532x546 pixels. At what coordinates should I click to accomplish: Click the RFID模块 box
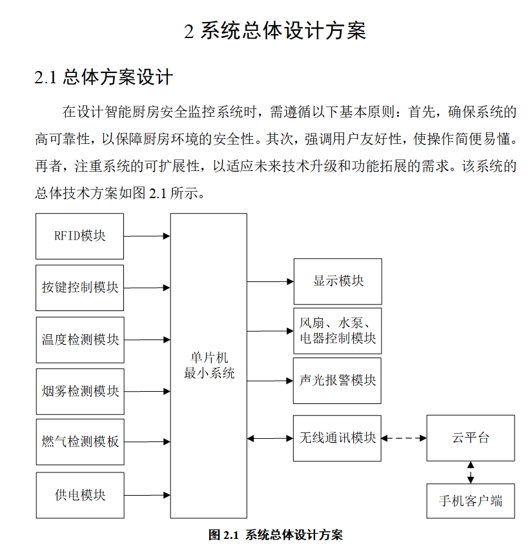coord(79,236)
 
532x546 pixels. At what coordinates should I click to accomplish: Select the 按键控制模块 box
coord(79,287)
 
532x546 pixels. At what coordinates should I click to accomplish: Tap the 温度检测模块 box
coord(79,339)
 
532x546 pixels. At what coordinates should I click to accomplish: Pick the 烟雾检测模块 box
coord(79,391)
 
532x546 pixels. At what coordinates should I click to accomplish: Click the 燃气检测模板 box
coord(79,442)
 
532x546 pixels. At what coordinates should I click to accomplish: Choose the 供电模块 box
coord(79,495)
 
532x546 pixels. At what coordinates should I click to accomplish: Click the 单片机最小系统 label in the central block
coord(209,366)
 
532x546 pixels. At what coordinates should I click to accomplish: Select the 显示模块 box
coord(338,281)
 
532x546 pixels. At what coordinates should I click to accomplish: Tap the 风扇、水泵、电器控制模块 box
coord(338,331)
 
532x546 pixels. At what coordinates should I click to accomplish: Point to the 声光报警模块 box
coord(338,381)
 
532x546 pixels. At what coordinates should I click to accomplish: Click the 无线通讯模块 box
coord(338,438)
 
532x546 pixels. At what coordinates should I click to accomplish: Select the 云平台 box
coord(471,438)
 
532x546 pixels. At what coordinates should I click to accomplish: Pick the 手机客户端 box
coord(471,501)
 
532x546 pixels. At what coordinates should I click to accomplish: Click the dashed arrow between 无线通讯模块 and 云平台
coord(404,438)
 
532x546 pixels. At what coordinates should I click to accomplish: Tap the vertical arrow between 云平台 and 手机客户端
coord(471,472)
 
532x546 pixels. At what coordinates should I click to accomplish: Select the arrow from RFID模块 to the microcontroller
coord(147,236)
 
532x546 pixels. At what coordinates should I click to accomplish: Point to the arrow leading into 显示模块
coord(270,281)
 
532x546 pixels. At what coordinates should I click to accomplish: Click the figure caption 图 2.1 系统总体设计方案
coord(276,535)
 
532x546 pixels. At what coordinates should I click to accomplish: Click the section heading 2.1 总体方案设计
coord(103,78)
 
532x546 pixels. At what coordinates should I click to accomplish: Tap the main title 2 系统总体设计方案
coord(275,31)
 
